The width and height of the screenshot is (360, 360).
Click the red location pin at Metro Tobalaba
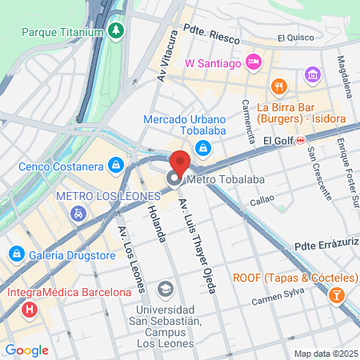[180, 162]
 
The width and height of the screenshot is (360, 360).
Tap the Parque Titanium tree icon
[118, 32]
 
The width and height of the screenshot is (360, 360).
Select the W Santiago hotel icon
[254, 62]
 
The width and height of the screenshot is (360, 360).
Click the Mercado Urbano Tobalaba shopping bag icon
[203, 146]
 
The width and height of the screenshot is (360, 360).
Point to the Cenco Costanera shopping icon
[117, 166]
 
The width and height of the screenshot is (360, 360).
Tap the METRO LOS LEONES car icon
[78, 213]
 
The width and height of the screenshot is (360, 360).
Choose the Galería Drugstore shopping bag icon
[14, 254]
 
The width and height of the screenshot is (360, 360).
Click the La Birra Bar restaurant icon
[279, 86]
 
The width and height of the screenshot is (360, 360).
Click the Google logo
[26, 350]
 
